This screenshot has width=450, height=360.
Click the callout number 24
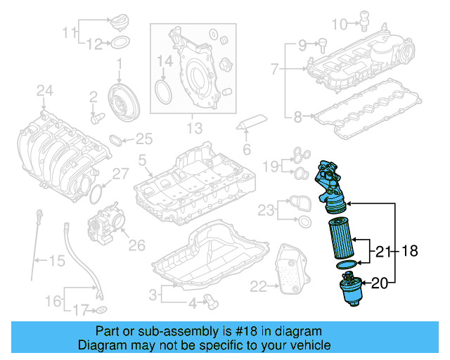pos(44,90)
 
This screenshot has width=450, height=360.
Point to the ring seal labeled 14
pos(163,91)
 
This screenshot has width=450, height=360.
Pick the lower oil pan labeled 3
pos(211,264)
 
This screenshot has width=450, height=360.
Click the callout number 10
pos(339,25)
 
